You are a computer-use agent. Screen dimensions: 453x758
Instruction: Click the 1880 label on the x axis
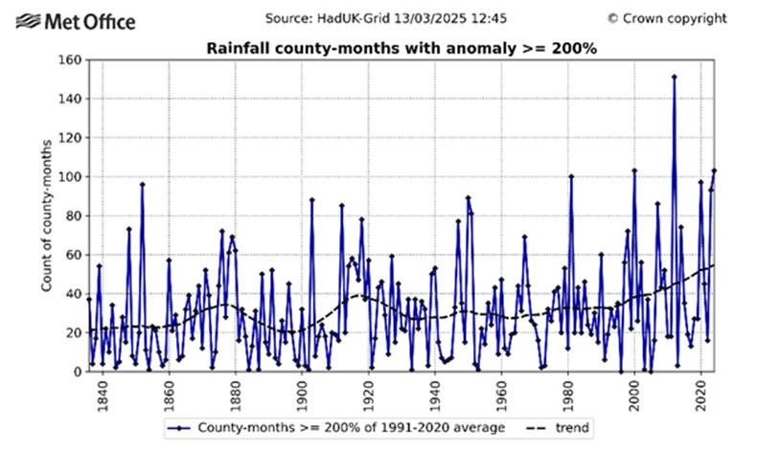(236, 388)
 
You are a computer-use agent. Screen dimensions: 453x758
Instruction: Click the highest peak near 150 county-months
(675, 77)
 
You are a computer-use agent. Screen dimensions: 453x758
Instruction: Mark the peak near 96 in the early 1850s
(142, 184)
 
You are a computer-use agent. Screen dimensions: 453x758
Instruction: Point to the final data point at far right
(714, 170)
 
